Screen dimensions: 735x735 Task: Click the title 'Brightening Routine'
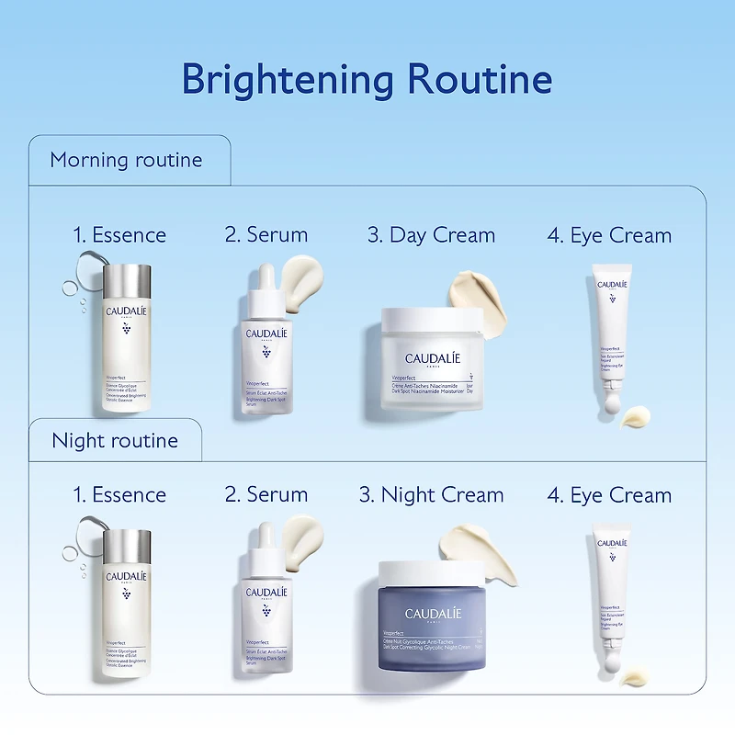[367, 79]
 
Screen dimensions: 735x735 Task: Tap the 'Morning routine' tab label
[126, 160]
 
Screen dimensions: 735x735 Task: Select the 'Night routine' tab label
[115, 441]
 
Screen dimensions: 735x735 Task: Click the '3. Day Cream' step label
[431, 235]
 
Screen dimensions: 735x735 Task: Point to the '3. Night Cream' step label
[431, 495]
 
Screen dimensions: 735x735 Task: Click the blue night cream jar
[434, 625]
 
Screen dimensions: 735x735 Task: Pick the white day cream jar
[432, 363]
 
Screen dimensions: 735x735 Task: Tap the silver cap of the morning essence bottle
[127, 282]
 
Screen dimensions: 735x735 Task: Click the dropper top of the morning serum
[266, 288]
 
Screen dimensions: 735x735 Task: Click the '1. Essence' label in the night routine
[119, 495]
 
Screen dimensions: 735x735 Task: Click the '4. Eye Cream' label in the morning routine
[609, 235]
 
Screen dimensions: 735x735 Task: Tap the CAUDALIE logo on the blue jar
[433, 613]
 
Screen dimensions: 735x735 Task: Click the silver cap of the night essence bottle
[127, 544]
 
